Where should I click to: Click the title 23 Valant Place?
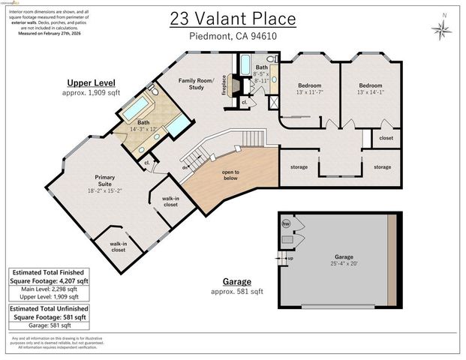233,19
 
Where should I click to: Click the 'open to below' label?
230,175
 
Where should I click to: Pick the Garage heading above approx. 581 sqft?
236,281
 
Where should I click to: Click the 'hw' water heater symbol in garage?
286,223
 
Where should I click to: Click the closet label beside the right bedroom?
386,138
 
